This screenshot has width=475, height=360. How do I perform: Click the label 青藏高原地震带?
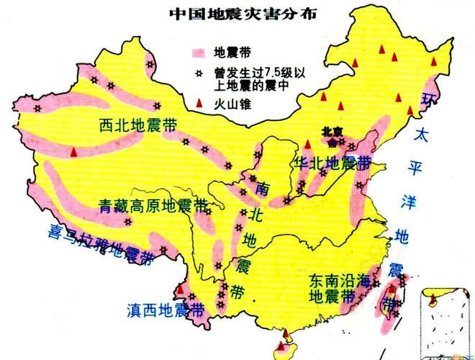click(x=153, y=206)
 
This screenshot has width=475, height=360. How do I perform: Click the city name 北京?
click(x=333, y=132)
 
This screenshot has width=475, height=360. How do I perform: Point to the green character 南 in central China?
click(x=261, y=189)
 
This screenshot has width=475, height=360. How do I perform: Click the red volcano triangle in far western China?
click(x=75, y=152)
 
